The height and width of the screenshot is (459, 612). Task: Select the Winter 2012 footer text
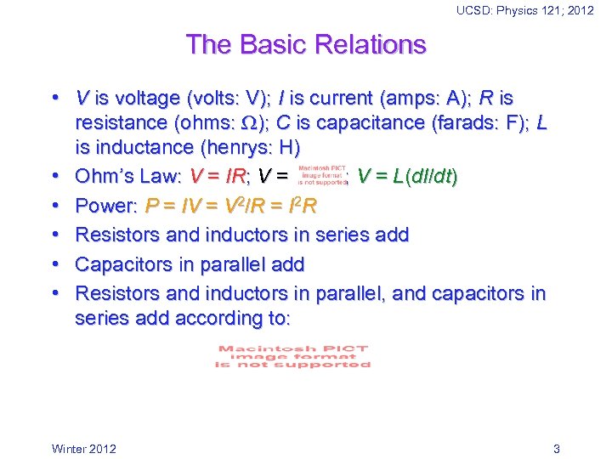point(84,449)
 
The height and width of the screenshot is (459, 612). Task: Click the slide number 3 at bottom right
point(556,449)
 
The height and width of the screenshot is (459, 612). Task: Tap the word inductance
point(135,148)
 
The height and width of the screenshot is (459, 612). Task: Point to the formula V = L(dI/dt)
point(407,177)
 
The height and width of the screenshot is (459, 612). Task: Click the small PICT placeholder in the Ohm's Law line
point(323,176)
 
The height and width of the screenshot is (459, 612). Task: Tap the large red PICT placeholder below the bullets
point(293,356)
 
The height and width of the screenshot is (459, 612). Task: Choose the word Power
point(105,206)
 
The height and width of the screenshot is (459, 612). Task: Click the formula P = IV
point(173,206)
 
